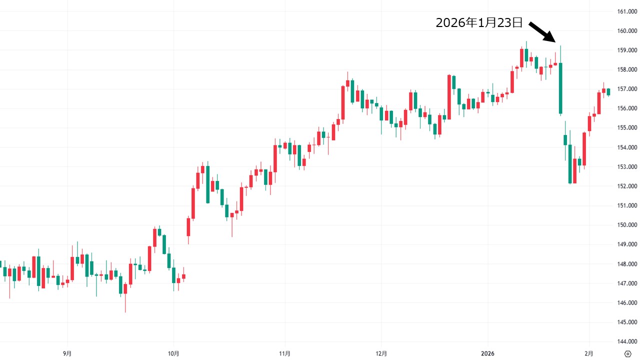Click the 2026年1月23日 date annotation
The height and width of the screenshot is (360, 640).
pos(479,23)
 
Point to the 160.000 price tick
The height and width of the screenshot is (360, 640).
pos(627,31)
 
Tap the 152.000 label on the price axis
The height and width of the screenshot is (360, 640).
pos(627,186)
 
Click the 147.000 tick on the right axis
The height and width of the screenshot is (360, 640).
pos(627,283)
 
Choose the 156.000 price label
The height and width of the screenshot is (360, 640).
pos(627,108)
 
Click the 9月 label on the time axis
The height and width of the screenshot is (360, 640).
pos(67,353)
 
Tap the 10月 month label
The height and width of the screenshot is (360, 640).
pos(173,353)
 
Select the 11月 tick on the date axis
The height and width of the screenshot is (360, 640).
pos(284,353)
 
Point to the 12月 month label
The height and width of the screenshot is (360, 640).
pos(381,353)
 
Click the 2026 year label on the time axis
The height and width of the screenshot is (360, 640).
pos(487,353)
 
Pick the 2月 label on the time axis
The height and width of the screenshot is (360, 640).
pos(589,353)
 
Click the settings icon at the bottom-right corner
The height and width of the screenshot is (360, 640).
pos(628,353)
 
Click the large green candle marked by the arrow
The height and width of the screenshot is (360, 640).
pos(560,88)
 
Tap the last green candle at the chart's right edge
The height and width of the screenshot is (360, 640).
pos(608,91)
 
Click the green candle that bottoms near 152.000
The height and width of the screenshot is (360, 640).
pos(570,163)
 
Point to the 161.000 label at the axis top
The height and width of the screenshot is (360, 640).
pos(627,11)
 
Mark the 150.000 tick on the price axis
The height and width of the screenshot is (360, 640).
pos(627,225)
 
